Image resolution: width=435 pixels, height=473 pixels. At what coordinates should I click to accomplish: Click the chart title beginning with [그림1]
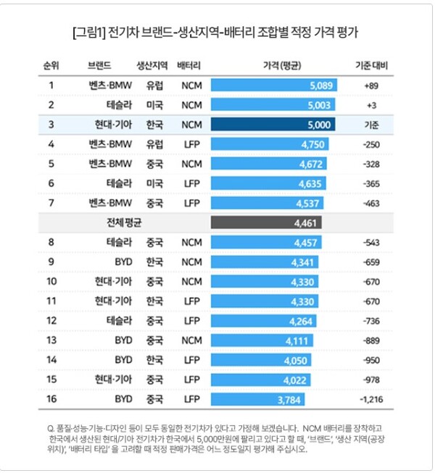coord(217,33)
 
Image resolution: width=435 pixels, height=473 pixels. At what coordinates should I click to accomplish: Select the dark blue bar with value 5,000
coord(273,124)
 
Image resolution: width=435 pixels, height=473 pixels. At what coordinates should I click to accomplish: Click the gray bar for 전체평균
coord(265,223)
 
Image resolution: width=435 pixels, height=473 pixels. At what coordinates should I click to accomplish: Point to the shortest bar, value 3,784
coord(257,398)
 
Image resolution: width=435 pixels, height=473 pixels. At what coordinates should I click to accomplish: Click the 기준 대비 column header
coord(372,65)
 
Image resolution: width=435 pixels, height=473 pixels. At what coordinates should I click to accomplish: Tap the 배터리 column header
coord(188,65)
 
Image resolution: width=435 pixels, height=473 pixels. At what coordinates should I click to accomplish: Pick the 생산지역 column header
coord(152,65)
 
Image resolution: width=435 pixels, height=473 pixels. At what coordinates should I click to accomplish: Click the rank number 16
coord(51,398)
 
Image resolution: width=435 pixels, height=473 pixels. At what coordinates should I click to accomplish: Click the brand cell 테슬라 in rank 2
coord(108,104)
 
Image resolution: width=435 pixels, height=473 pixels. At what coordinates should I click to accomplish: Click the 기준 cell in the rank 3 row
coord(373,124)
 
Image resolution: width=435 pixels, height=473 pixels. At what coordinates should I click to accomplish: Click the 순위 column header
coord(51,65)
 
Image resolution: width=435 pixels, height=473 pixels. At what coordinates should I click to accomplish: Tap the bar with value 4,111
coord(262,340)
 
